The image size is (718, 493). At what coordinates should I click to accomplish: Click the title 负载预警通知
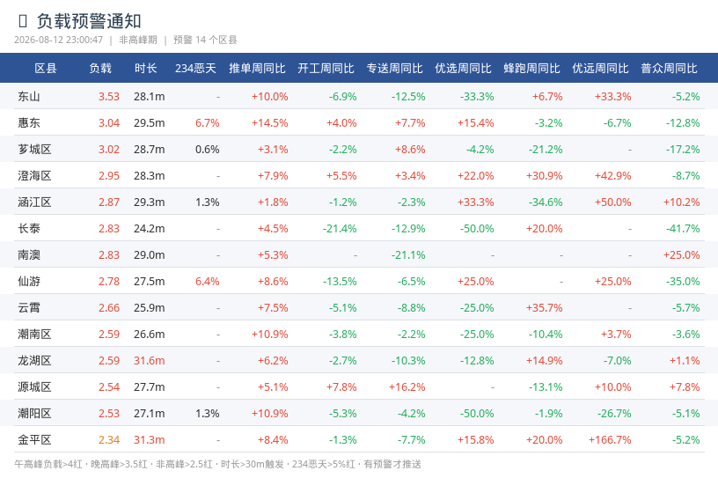[89, 21]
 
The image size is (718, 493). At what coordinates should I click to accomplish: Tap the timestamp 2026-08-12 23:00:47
[59, 40]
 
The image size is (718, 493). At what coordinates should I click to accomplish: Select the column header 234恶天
[195, 69]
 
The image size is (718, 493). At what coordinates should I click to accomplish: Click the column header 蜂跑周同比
[531, 69]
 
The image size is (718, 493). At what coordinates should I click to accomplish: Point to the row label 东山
[29, 96]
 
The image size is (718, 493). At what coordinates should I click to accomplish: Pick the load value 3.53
[109, 96]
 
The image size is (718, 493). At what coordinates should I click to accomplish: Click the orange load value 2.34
[109, 440]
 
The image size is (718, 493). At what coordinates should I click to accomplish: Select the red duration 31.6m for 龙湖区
[150, 361]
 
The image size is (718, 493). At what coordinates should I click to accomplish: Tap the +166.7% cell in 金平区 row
[610, 440]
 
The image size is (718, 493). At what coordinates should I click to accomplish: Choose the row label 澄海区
[34, 175]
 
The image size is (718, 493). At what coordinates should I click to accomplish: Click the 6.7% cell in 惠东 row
[208, 122]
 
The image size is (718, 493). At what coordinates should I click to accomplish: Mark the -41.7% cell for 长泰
[683, 228]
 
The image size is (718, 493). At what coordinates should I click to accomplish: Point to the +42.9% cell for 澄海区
[613, 175]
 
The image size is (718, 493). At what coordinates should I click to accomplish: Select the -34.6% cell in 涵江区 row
[546, 202]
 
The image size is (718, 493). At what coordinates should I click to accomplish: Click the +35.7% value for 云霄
[545, 307]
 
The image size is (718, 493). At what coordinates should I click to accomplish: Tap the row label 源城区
[34, 386]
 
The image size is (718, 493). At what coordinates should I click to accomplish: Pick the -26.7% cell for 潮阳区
[614, 413]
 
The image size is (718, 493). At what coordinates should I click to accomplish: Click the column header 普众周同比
[669, 69]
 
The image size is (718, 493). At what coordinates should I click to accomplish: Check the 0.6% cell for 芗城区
[208, 150]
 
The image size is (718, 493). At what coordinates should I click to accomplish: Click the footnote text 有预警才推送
[392, 464]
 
